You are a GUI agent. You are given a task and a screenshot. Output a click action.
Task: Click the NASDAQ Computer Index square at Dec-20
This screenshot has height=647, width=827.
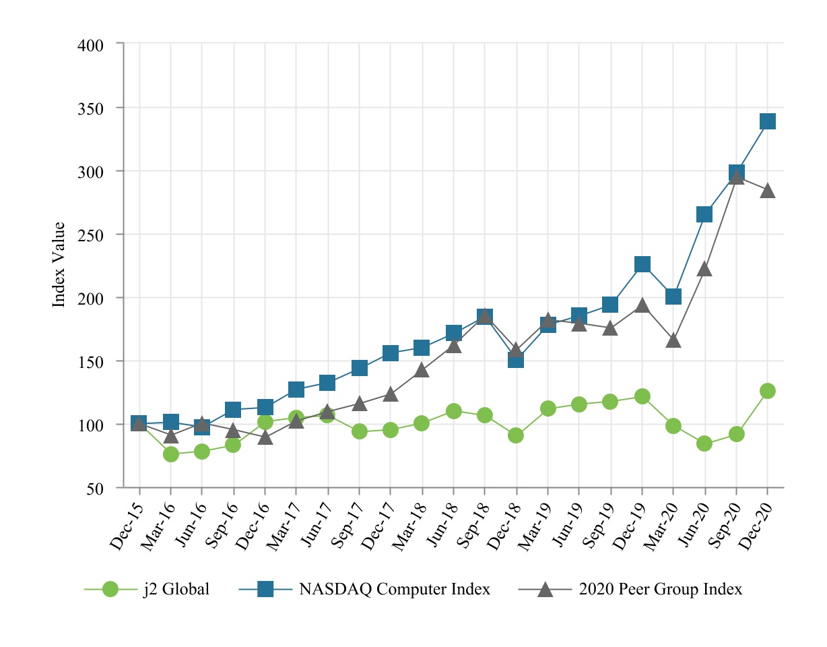click(x=768, y=121)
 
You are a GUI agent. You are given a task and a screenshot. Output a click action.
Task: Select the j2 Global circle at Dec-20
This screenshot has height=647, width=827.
click(x=768, y=391)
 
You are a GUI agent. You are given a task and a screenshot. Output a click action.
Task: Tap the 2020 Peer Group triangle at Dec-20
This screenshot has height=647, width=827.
click(x=768, y=191)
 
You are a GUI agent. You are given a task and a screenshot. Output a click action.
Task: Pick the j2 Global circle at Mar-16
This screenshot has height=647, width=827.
click(x=171, y=454)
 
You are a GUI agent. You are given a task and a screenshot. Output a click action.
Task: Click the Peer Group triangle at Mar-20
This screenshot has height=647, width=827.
click(x=673, y=341)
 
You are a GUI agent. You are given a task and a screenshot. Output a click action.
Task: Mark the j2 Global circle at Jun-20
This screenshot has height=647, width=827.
click(x=705, y=443)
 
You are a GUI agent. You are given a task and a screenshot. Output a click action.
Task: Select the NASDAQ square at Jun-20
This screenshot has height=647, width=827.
click(x=705, y=214)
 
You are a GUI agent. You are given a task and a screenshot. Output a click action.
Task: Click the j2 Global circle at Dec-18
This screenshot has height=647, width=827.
click(x=516, y=435)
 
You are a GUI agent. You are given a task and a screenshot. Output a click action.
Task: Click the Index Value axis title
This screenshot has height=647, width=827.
click(x=59, y=265)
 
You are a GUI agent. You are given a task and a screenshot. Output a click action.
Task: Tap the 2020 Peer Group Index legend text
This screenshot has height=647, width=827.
click(x=660, y=590)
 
